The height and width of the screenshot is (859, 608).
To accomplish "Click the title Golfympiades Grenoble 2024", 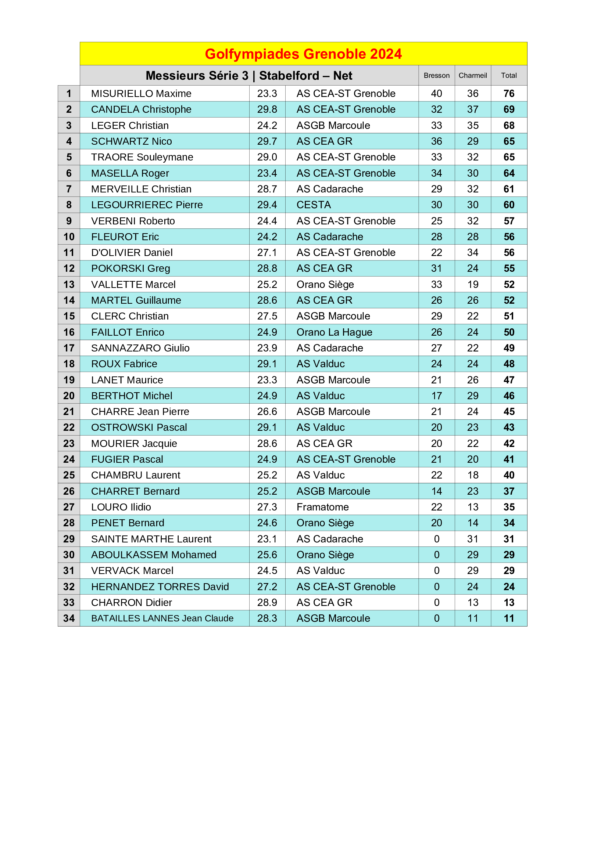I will [x=303, y=54].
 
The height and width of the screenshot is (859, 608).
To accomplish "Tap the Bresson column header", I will [x=437, y=76].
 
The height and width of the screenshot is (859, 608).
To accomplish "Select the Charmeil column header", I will [x=472, y=76].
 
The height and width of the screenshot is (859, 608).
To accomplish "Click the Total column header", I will [x=509, y=76].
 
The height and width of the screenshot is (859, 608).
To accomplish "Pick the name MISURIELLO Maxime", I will [x=141, y=94].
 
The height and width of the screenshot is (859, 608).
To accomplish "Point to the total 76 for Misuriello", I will [x=509, y=94].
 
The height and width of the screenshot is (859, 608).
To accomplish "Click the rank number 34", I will [x=69, y=618].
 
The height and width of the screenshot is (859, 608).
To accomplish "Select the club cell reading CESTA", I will [x=314, y=205].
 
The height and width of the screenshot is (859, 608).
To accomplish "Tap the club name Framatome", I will [x=322, y=507].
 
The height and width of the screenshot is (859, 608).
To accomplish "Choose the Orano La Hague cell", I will [x=334, y=332].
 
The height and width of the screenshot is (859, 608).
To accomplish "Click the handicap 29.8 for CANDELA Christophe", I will [x=267, y=109].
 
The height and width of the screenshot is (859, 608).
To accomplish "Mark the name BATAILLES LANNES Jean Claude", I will [x=162, y=618].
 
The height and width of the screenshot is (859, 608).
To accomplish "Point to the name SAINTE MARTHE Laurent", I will [x=151, y=539].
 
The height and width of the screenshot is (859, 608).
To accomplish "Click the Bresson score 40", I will [x=437, y=94].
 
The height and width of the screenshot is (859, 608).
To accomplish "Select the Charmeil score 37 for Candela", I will [x=472, y=109].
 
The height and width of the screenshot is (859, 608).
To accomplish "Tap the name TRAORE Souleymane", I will [x=142, y=157].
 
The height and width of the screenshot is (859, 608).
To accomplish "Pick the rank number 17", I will [x=69, y=348].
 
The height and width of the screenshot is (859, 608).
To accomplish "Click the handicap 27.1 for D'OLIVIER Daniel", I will [x=267, y=253].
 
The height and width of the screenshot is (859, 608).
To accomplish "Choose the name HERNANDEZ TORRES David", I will [x=160, y=586].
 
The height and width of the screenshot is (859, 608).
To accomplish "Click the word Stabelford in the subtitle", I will [x=289, y=76].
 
